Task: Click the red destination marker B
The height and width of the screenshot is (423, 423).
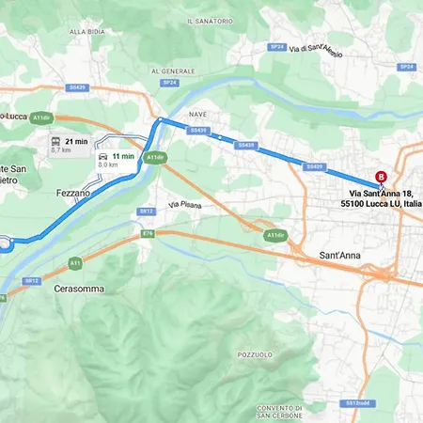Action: point(381,176)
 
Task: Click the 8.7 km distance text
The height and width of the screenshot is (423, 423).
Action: point(61,149)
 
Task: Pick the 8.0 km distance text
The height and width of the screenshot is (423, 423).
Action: point(108,164)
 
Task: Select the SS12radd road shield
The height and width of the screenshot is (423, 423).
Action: point(357,402)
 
